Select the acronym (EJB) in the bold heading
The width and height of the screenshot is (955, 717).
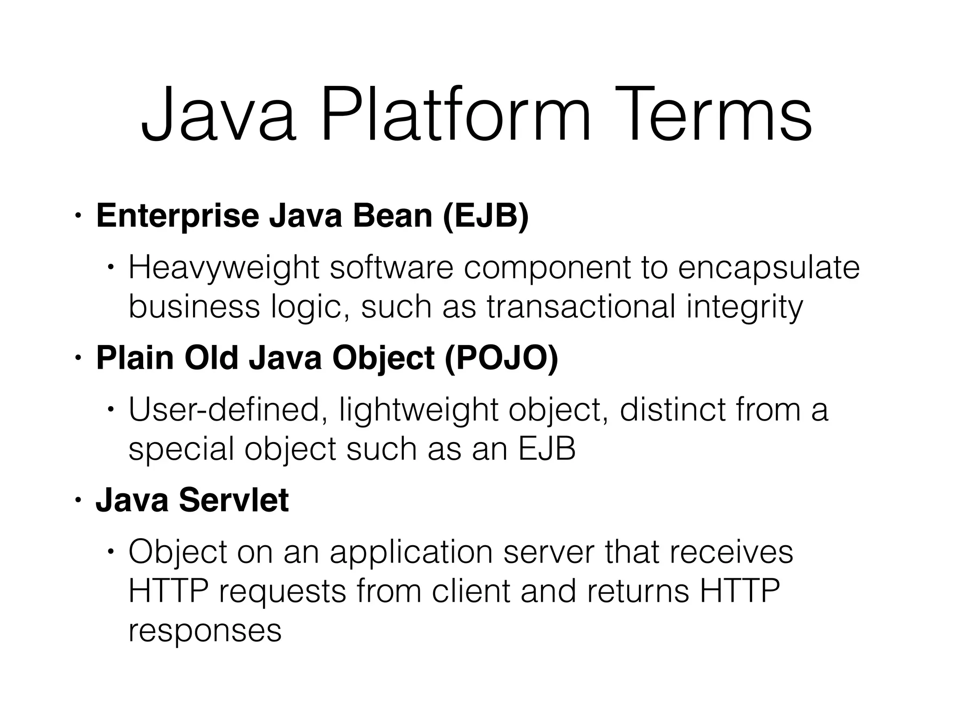coord(485,216)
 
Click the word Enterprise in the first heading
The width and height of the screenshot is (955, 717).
coord(177,216)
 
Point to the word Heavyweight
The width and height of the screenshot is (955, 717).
coord(224,268)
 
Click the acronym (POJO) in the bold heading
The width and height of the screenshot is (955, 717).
coord(501,358)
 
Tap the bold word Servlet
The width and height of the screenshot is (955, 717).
coord(234,500)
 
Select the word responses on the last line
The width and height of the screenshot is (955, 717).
coord(205,631)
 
